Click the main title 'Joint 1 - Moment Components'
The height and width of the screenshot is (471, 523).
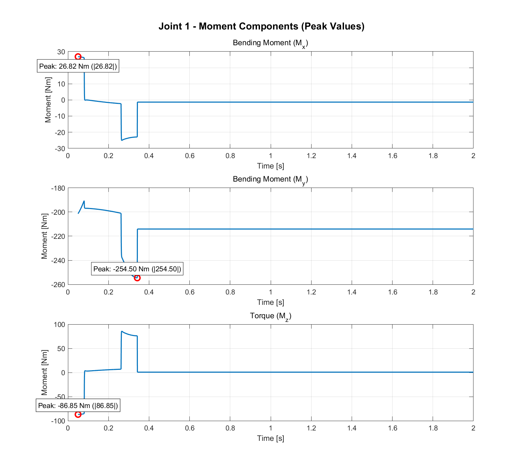pos(261,26)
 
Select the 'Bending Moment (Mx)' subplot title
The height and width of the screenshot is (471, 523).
pos(270,43)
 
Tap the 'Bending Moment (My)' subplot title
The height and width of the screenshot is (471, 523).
pos(270,180)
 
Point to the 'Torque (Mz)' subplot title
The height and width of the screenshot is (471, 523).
pos(270,316)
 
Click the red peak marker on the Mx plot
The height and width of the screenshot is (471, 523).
pos(78,57)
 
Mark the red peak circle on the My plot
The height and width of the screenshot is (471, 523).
pos(137,278)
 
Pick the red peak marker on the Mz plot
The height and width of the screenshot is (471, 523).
pos(78,414)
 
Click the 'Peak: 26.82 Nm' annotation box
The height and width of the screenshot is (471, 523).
pos(78,66)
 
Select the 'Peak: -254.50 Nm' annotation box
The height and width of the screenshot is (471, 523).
pos(137,269)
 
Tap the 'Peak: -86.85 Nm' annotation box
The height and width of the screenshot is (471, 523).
pos(78,406)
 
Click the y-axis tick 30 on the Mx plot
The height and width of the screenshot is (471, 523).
pos(61,52)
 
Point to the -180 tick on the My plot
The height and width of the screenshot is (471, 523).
pos(58,188)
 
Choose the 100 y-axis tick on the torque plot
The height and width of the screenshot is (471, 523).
pos(60,324)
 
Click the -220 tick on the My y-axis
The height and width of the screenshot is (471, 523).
pos(58,236)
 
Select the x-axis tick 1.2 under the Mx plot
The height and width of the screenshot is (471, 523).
pos(311,156)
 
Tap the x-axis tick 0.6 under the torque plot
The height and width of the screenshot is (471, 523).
pos(189,428)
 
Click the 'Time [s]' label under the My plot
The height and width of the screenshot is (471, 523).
pos(270,302)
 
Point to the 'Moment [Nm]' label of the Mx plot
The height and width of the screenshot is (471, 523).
pos(48,100)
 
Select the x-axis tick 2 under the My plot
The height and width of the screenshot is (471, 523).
pos(473,292)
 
